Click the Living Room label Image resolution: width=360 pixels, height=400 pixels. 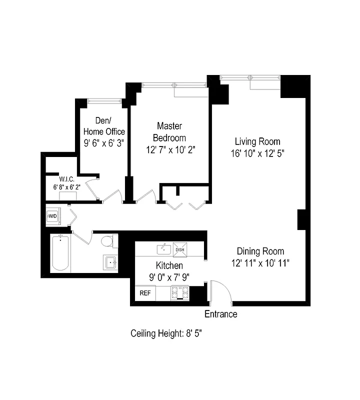pyautogui.click(x=257, y=141)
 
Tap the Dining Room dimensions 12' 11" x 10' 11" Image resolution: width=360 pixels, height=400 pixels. pyautogui.click(x=260, y=262)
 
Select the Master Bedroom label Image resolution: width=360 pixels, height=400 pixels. pyautogui.click(x=169, y=131)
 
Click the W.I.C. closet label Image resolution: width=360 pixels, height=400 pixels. pyautogui.click(x=66, y=179)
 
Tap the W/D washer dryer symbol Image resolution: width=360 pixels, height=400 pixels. pyautogui.click(x=52, y=216)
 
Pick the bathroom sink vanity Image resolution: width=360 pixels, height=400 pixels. pyautogui.click(x=110, y=262)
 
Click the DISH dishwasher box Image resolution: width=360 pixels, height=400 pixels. pyautogui.click(x=179, y=249)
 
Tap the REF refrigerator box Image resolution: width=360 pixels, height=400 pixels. pyautogui.click(x=145, y=293)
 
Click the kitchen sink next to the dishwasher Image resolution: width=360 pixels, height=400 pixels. pyautogui.click(x=163, y=248)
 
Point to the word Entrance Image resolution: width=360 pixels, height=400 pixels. pyautogui.click(x=221, y=314)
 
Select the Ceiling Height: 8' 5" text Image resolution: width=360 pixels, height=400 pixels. pyautogui.click(x=166, y=333)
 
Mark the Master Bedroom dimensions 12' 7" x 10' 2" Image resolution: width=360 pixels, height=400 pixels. pyautogui.click(x=169, y=148)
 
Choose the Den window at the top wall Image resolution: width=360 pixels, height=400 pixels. pyautogui.click(x=104, y=101)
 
